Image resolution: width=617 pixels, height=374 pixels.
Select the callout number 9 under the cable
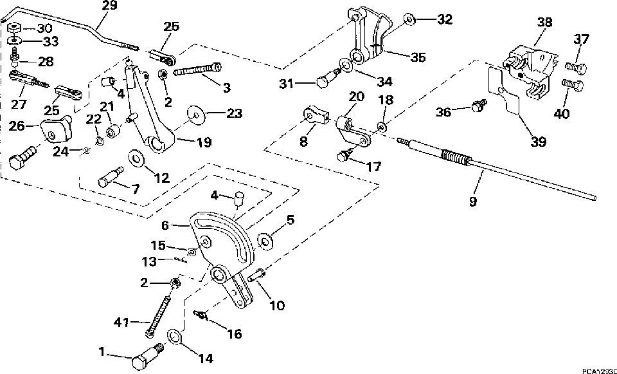(x=472, y=201)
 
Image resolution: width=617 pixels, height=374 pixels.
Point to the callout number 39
(x=538, y=140)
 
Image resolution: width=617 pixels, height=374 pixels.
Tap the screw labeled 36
(x=478, y=106)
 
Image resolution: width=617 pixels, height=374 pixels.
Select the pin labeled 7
(x=111, y=178)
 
